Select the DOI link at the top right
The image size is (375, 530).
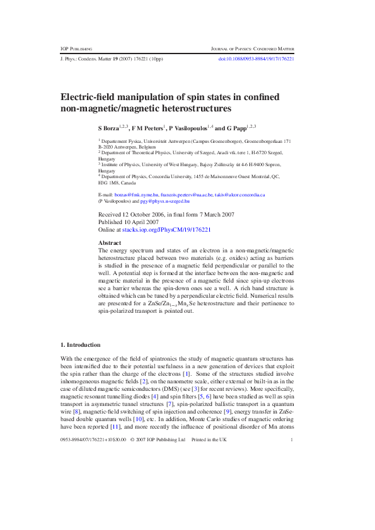tap(256, 59)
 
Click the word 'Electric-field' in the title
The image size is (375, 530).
tap(88, 98)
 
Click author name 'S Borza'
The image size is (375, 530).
tap(110, 128)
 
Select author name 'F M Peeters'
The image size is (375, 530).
tap(147, 128)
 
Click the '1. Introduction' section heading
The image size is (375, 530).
tap(79, 345)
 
